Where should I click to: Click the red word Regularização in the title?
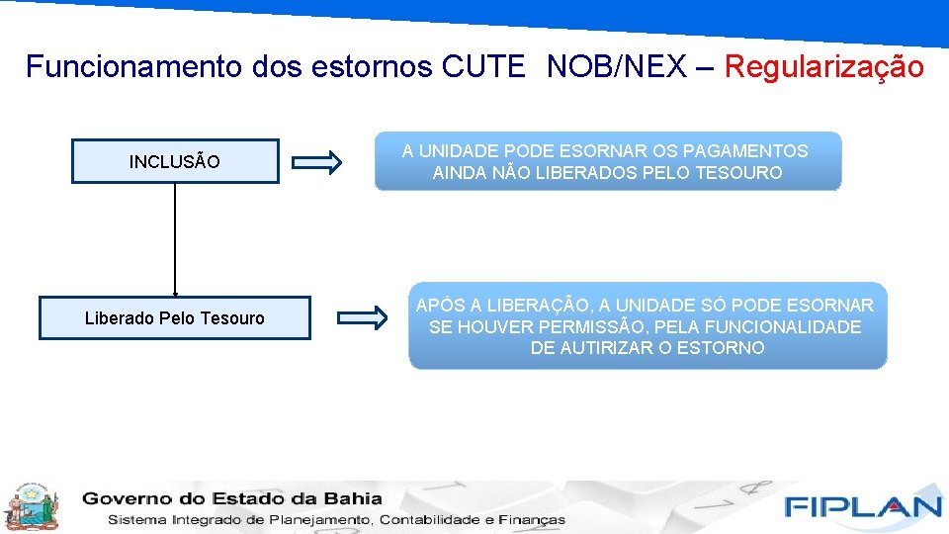point(824,67)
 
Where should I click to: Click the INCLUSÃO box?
point(175,161)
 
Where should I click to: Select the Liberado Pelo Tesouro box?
point(175,318)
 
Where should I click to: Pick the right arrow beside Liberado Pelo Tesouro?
point(363,318)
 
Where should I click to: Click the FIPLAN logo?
point(863,506)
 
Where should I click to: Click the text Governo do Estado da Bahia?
point(232,498)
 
